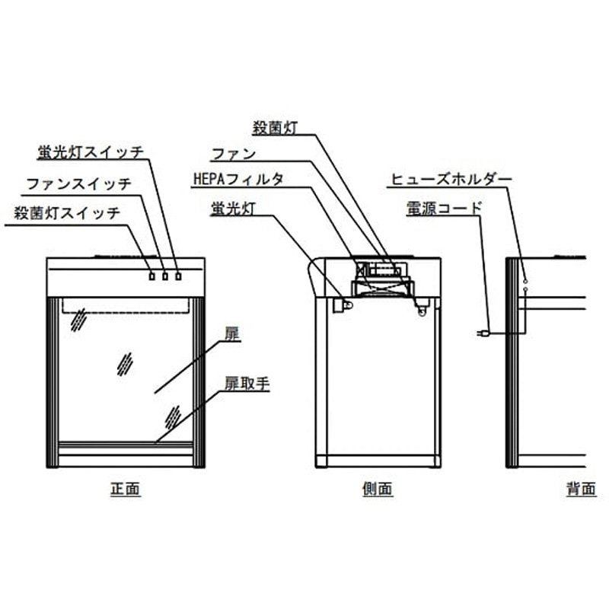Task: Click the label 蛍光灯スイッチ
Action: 90,151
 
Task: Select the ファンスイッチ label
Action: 78,183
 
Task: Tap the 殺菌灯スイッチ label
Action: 67,214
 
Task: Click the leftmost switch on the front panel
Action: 152,276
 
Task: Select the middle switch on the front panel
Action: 165,276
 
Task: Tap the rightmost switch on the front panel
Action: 178,276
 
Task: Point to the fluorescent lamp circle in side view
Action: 348,304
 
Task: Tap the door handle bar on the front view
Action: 125,444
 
